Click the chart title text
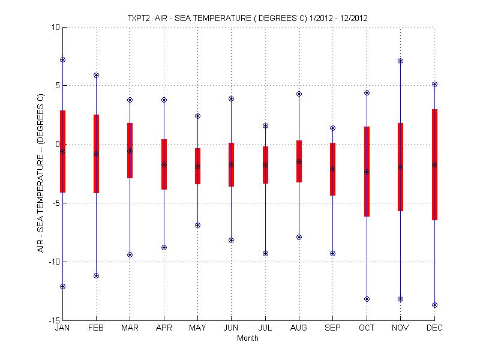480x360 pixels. click(248, 18)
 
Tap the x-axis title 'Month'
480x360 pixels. click(248, 338)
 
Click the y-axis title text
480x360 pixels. click(41, 172)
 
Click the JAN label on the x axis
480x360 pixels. click(62, 329)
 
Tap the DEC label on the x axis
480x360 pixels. click(434, 329)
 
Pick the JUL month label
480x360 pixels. click(265, 329)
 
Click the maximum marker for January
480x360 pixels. click(62, 59)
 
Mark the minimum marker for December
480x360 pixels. click(434, 305)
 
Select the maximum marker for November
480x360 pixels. click(400, 61)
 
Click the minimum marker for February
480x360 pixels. click(96, 275)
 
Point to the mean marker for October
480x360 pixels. click(367, 172)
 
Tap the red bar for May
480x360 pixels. click(197, 174)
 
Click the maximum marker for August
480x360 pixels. click(299, 94)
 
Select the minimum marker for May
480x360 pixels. click(197, 225)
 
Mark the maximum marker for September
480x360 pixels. click(332, 128)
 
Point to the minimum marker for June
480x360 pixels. click(231, 240)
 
